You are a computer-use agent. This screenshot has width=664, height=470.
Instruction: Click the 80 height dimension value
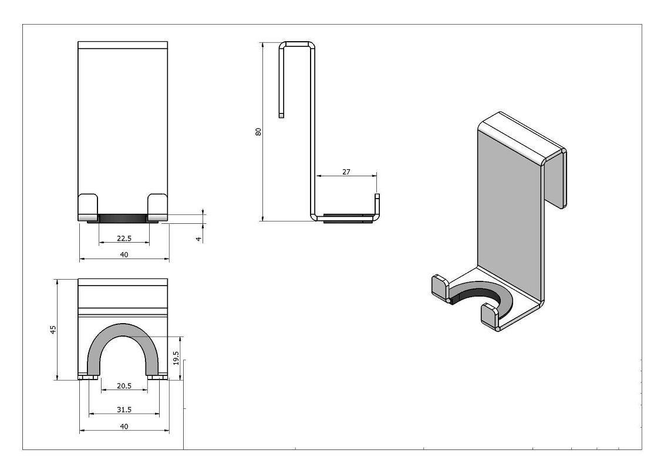[x=258, y=132]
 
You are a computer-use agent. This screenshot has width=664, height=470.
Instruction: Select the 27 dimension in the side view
[x=346, y=172]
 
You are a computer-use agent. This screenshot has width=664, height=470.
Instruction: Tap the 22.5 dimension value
[x=124, y=238]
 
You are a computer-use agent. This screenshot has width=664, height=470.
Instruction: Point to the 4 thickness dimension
[x=198, y=239]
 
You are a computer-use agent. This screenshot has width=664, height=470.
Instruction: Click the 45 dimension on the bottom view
[x=53, y=330]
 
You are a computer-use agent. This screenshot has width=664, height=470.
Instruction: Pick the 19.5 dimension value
[x=176, y=358]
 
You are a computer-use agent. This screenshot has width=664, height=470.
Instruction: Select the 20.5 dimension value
[x=124, y=385]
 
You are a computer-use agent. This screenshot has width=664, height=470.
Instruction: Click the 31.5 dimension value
[x=124, y=409]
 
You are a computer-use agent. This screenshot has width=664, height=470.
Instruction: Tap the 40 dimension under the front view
[x=124, y=254]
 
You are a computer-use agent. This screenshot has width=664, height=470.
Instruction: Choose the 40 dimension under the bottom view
[x=124, y=427]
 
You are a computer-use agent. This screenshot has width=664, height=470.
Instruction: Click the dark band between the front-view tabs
[x=123, y=219]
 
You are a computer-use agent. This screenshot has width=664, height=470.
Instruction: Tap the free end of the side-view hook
[x=281, y=115]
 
